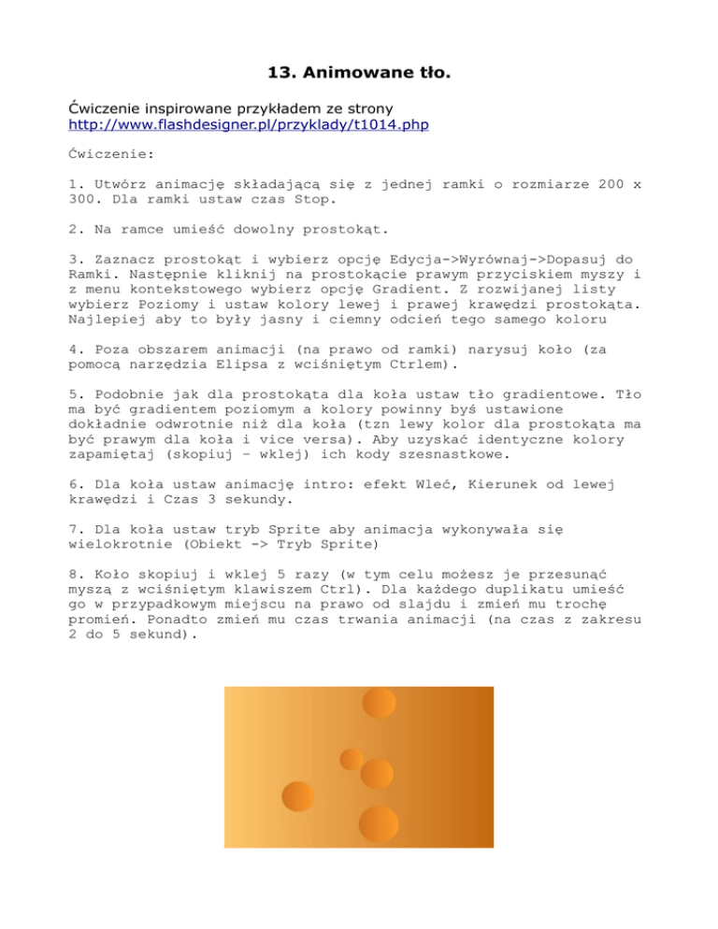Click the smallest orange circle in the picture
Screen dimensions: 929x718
click(x=352, y=758)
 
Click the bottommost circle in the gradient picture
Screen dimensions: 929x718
click(x=379, y=823)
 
